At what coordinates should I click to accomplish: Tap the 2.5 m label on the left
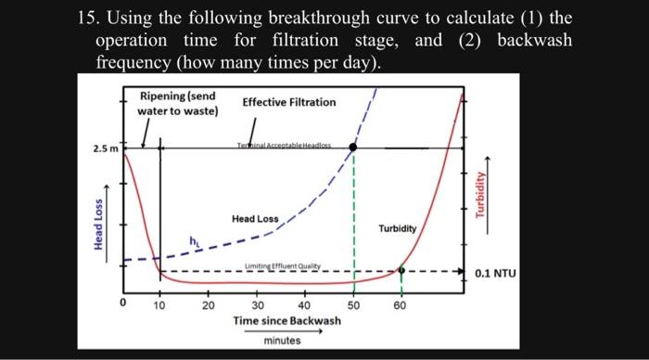[105, 148]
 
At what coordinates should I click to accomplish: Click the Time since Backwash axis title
[287, 320]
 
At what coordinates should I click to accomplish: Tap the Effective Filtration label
[289, 101]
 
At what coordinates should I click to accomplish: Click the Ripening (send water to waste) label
[178, 104]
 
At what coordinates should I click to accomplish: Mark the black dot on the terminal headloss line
[352, 148]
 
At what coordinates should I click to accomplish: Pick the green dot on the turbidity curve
[401, 271]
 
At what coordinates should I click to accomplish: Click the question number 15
[88, 18]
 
